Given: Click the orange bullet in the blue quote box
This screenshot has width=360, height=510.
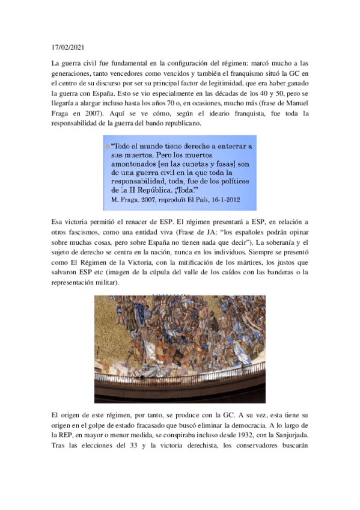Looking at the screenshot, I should coord(107,146).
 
